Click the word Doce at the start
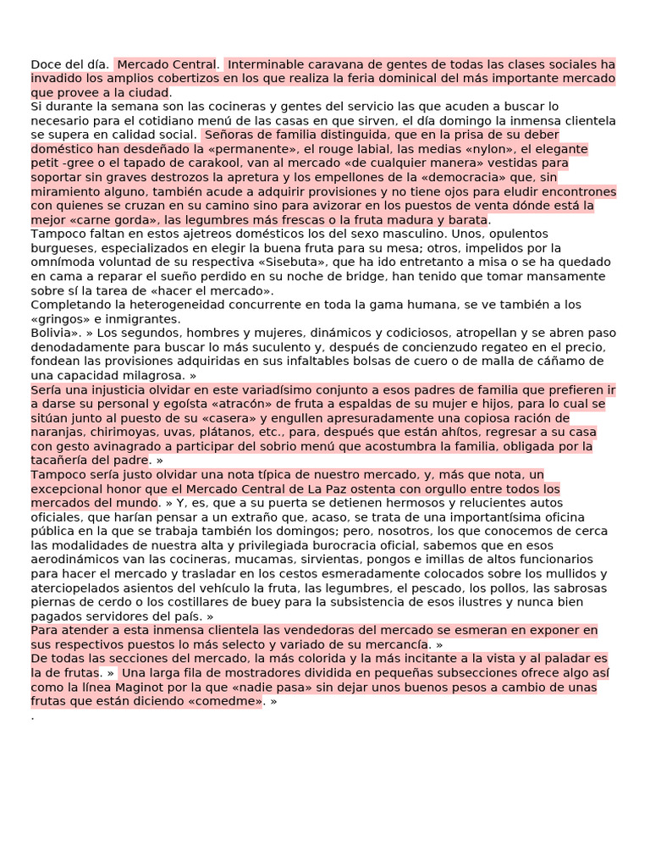(45, 64)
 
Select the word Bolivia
(52, 333)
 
